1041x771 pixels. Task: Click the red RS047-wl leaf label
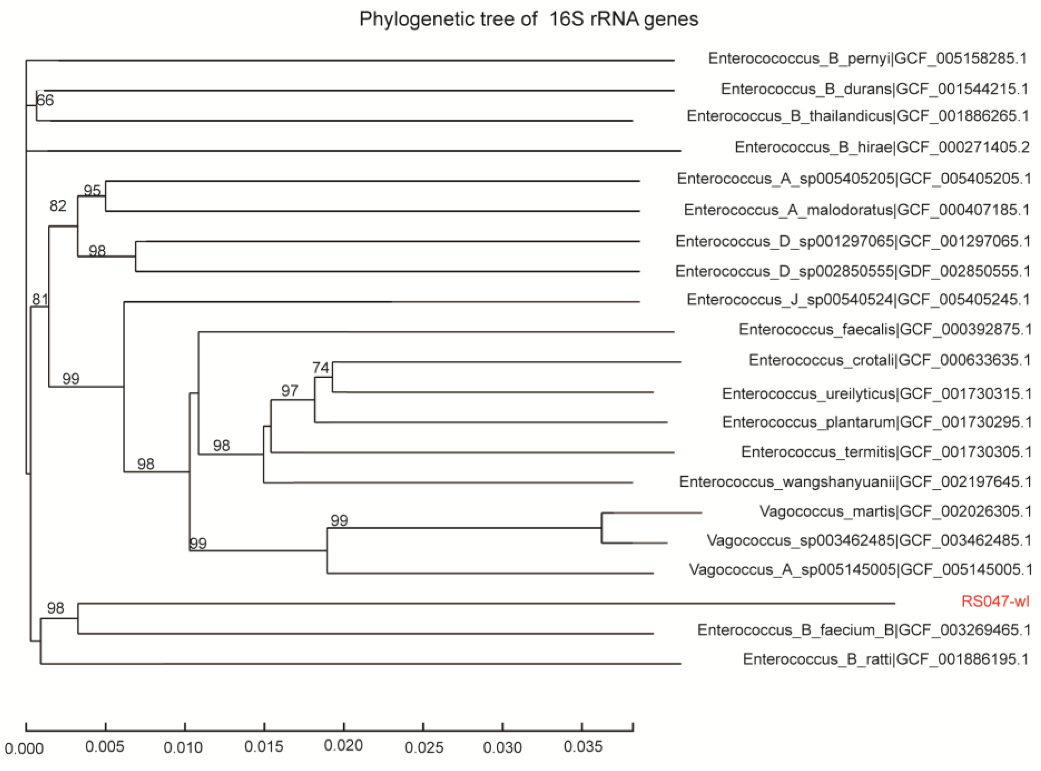(995, 601)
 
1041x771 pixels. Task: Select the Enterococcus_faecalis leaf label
(885, 330)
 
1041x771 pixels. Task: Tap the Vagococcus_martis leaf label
(895, 512)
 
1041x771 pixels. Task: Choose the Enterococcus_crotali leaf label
(890, 360)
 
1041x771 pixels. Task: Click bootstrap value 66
(45, 100)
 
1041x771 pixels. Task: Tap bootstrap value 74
(321, 368)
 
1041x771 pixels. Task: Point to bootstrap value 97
(290, 390)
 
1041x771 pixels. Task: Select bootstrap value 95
(92, 191)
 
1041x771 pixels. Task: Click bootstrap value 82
(58, 205)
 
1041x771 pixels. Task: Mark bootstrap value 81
(40, 299)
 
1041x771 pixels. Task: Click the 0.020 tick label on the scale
(343, 745)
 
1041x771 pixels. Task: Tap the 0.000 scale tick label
(24, 749)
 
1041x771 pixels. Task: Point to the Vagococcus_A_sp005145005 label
(860, 569)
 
